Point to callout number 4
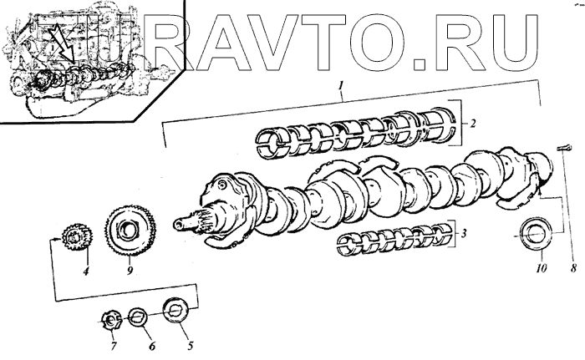pos(84,270)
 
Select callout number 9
pos(130,270)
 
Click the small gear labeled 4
pos(75,236)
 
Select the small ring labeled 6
pos(140,318)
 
